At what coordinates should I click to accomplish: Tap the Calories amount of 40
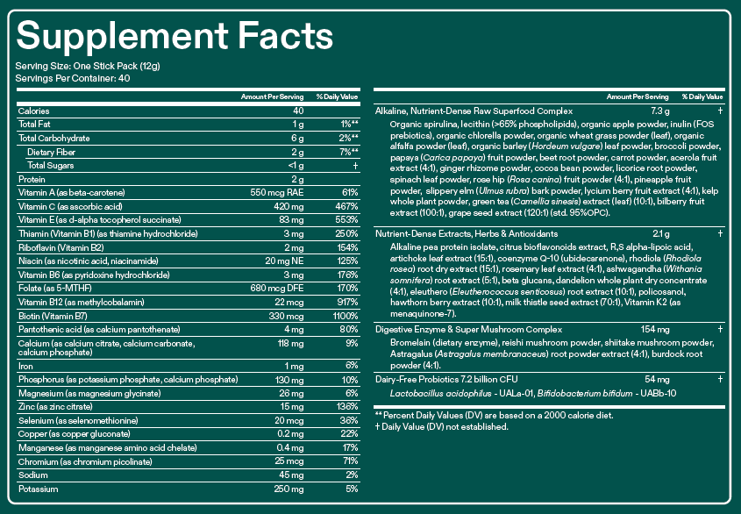click(298, 111)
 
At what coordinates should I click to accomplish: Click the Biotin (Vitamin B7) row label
click(53, 316)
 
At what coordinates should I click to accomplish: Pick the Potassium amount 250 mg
click(289, 489)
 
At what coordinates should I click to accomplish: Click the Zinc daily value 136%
click(347, 407)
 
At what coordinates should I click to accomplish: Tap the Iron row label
click(25, 366)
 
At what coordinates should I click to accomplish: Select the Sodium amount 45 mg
click(291, 475)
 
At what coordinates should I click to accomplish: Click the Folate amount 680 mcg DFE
click(277, 288)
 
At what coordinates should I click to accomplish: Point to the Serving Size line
click(88, 66)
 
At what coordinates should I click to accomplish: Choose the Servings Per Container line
click(72, 78)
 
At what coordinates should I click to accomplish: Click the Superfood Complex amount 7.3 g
click(660, 111)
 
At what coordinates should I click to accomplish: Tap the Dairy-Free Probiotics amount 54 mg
click(657, 379)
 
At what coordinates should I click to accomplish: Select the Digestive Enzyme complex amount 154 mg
click(655, 330)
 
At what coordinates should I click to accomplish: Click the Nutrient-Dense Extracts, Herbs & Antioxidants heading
click(467, 233)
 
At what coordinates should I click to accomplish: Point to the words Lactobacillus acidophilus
click(441, 394)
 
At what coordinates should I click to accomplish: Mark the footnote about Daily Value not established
click(441, 427)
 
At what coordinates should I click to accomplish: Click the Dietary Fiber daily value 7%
click(349, 152)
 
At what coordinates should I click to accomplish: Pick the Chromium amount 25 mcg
click(289, 461)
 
